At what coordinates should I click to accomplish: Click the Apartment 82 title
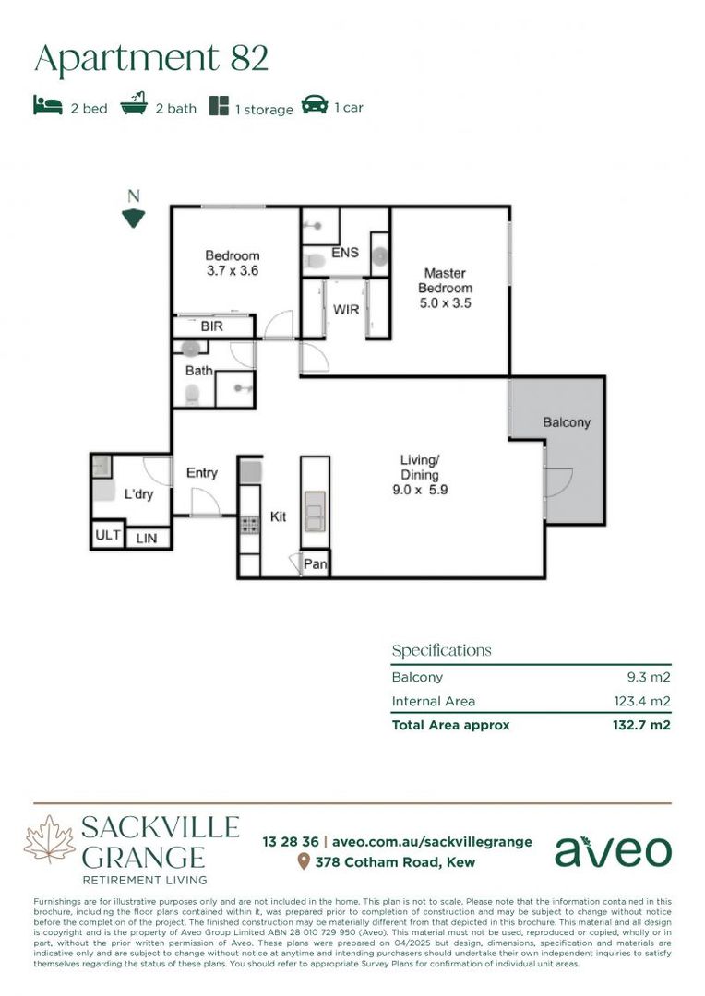(x=151, y=58)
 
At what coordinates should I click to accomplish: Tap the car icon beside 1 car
(x=315, y=106)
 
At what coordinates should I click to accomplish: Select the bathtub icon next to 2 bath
(x=135, y=106)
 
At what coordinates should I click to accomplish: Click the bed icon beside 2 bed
(x=48, y=106)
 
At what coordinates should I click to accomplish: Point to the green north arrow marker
(x=134, y=219)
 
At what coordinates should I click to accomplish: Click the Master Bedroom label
(x=447, y=288)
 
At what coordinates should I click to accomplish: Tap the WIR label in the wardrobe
(x=346, y=310)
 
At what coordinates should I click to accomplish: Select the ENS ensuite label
(x=345, y=254)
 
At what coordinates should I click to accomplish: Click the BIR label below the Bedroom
(x=212, y=326)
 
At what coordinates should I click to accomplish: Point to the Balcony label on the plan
(x=566, y=422)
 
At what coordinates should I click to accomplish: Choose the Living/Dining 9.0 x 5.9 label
(x=420, y=475)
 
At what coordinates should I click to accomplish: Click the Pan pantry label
(x=316, y=563)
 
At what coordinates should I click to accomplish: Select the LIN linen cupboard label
(x=147, y=538)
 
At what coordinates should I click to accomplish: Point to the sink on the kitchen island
(x=315, y=511)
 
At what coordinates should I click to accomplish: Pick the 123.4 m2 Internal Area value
(x=642, y=702)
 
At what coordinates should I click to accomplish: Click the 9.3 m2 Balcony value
(x=649, y=677)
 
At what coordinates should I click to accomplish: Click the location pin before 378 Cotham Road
(x=303, y=862)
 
